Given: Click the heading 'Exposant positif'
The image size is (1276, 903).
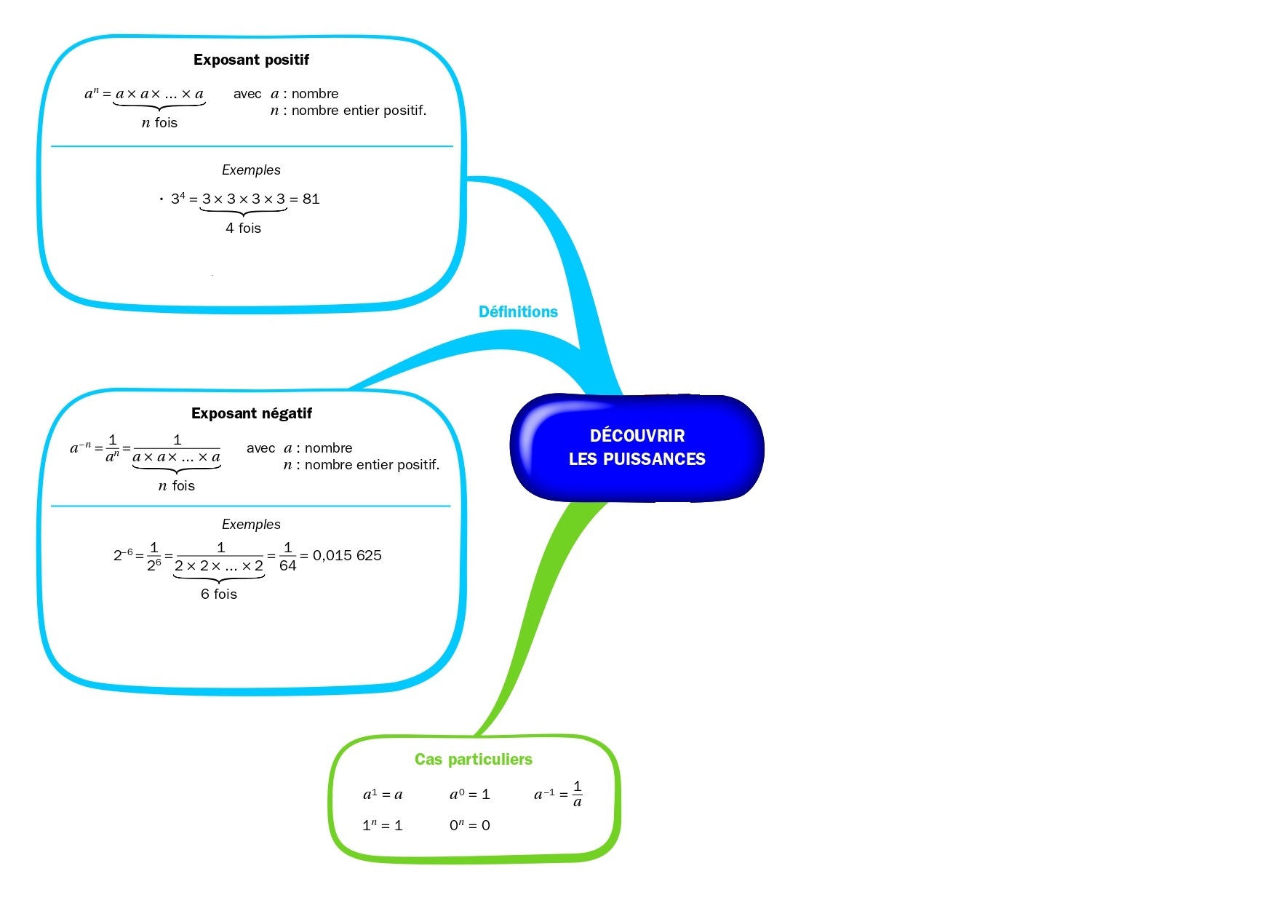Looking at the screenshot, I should click(251, 60).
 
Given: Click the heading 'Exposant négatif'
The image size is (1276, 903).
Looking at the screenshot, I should click(251, 413).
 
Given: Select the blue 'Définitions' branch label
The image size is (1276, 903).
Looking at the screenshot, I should click(518, 311).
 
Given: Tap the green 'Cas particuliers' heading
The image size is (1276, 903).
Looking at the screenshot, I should click(474, 759).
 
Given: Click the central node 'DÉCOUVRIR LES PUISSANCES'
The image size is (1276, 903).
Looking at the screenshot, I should click(637, 447).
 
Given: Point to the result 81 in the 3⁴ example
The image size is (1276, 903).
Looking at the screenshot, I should click(311, 199).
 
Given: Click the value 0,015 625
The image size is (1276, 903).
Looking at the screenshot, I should click(347, 555).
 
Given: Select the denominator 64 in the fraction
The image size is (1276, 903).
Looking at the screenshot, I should click(287, 566).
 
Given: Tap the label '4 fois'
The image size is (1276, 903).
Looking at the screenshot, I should click(243, 228).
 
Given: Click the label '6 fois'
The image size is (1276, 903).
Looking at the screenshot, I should click(219, 594).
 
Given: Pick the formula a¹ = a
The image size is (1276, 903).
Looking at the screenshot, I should click(383, 794).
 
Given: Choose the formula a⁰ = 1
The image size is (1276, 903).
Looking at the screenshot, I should click(470, 794).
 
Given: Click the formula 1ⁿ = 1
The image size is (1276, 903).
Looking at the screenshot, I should click(383, 825).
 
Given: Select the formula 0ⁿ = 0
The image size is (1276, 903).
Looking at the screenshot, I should click(470, 825).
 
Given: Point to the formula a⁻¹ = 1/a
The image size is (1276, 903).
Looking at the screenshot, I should click(558, 794).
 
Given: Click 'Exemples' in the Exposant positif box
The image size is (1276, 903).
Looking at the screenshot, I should click(251, 170).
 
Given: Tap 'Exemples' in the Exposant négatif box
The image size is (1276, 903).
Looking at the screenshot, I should click(251, 524).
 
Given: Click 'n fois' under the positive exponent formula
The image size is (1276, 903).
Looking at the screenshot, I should click(159, 122).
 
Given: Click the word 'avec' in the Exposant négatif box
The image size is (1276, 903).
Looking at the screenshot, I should click(260, 447).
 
